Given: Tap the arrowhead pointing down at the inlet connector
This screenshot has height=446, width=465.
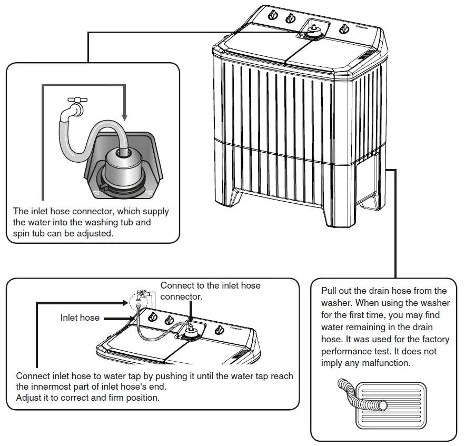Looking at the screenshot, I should pos(124,116).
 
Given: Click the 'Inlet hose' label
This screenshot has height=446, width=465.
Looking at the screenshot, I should pos(80,318).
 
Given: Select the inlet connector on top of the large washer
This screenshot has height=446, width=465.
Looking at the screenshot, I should pos(313,32).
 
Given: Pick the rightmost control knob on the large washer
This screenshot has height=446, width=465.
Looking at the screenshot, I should pos(344,28).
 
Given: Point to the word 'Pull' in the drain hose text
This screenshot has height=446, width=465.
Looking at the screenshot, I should pos(330,291).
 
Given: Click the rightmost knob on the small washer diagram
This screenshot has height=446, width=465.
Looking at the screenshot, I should pos(221,330).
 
